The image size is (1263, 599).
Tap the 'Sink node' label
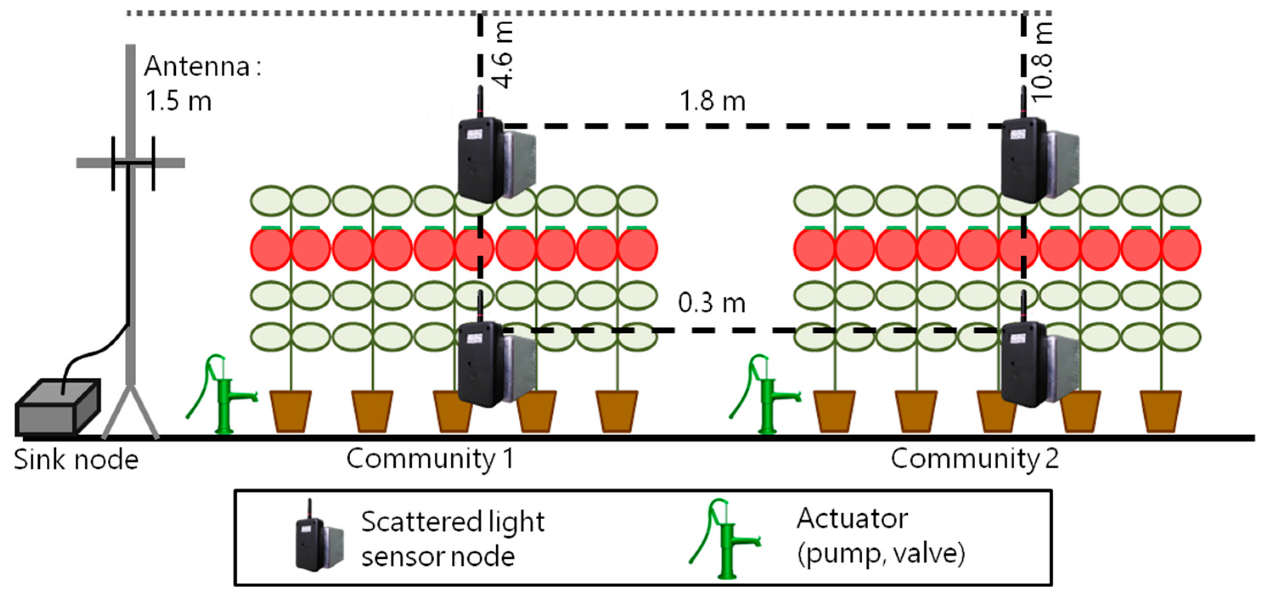click(x=76, y=460)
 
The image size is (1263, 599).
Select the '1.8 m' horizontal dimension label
click(x=712, y=101)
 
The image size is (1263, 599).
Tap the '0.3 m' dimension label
click(x=712, y=303)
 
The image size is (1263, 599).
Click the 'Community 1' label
click(x=430, y=459)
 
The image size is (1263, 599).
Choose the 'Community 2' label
click(x=974, y=459)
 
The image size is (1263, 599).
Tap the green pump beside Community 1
click(x=223, y=395)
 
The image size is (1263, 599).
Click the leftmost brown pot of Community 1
click(x=291, y=411)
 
